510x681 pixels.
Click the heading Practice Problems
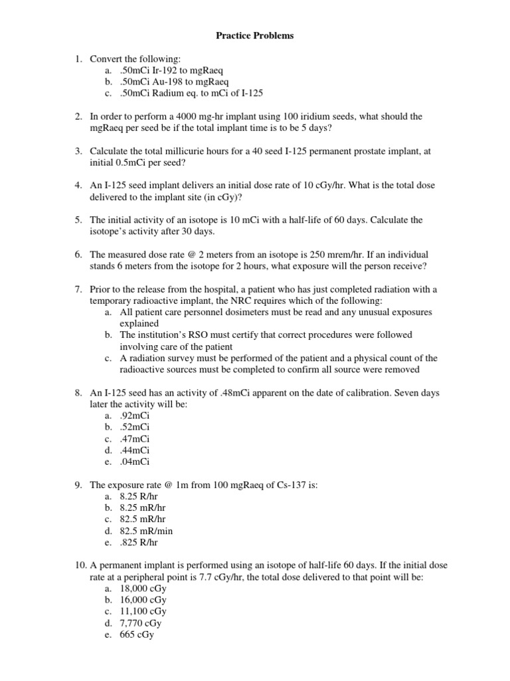[x=254, y=36]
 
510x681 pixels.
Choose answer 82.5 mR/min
[x=145, y=531]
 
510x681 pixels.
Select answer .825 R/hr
[x=139, y=543]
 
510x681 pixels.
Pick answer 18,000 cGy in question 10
[x=143, y=589]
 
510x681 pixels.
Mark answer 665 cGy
[x=136, y=634]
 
